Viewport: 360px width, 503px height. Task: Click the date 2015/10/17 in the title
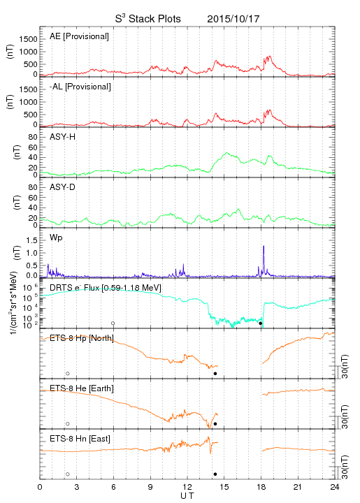coord(233,19)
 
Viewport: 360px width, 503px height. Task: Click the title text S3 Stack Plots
coord(148,19)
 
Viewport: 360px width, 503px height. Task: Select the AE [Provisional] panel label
coord(79,36)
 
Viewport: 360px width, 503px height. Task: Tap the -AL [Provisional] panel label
coord(80,87)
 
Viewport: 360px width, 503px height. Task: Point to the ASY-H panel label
coord(63,137)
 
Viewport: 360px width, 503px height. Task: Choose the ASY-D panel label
coord(63,187)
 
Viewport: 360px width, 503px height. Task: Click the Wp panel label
coord(56,238)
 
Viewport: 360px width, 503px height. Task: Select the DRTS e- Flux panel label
coord(106,288)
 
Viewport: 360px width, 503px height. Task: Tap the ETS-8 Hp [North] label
coord(82,338)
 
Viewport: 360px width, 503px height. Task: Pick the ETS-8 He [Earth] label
coord(82,388)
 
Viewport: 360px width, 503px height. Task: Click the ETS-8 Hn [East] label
coord(80,439)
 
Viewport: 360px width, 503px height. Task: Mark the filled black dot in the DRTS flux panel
coord(261,323)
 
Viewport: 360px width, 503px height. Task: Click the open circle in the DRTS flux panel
coord(113,323)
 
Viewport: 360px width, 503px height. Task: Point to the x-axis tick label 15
coord(224,487)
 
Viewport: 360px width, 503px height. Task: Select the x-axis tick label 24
coord(335,487)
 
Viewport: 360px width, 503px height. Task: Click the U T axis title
coord(187,496)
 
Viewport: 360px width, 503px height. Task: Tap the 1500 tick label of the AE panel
coord(28,39)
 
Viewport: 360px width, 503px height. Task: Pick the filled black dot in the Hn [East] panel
coord(215,474)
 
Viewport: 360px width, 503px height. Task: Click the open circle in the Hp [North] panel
coord(68,373)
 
